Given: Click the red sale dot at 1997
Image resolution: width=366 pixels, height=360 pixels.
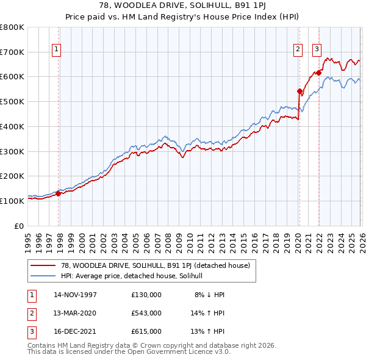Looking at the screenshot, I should (59, 193).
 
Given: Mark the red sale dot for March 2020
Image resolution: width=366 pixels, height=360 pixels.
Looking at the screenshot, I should (300, 92).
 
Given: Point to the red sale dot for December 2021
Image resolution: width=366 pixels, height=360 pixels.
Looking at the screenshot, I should (318, 73).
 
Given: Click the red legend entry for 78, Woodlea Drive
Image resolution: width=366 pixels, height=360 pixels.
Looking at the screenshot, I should (156, 265).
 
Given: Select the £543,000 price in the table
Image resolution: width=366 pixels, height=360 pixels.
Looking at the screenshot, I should (146, 313).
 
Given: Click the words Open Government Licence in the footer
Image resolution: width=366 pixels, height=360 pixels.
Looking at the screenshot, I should (187, 352).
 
